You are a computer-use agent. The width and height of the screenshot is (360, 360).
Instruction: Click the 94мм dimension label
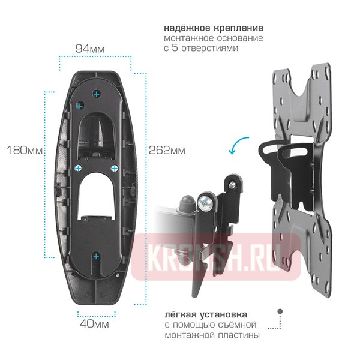tap(90, 49)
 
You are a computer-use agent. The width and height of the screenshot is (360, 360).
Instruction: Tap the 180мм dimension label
tap(25, 151)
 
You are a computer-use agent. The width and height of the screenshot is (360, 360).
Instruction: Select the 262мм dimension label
tap(167, 151)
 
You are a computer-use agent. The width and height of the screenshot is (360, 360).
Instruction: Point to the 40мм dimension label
tap(94, 324)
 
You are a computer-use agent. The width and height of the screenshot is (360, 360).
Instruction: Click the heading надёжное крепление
tap(214, 28)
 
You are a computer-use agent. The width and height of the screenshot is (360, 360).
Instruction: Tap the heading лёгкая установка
tap(206, 314)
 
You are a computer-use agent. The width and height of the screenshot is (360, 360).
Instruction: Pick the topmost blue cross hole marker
tap(97, 94)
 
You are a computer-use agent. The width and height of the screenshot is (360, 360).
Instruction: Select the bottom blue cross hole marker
tap(96, 256)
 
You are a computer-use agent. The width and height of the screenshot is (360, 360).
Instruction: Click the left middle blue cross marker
tap(79, 168)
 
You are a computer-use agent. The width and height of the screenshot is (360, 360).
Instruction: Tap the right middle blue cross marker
tap(114, 168)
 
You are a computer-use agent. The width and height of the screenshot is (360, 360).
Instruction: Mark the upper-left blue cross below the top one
tap(80, 106)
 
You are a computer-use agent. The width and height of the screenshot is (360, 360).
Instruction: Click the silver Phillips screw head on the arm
tap(205, 203)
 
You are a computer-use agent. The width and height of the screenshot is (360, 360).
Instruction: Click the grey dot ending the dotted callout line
tap(280, 311)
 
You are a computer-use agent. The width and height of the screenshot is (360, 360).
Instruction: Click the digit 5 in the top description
tap(175, 48)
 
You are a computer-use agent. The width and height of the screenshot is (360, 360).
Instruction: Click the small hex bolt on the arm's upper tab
tap(233, 185)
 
